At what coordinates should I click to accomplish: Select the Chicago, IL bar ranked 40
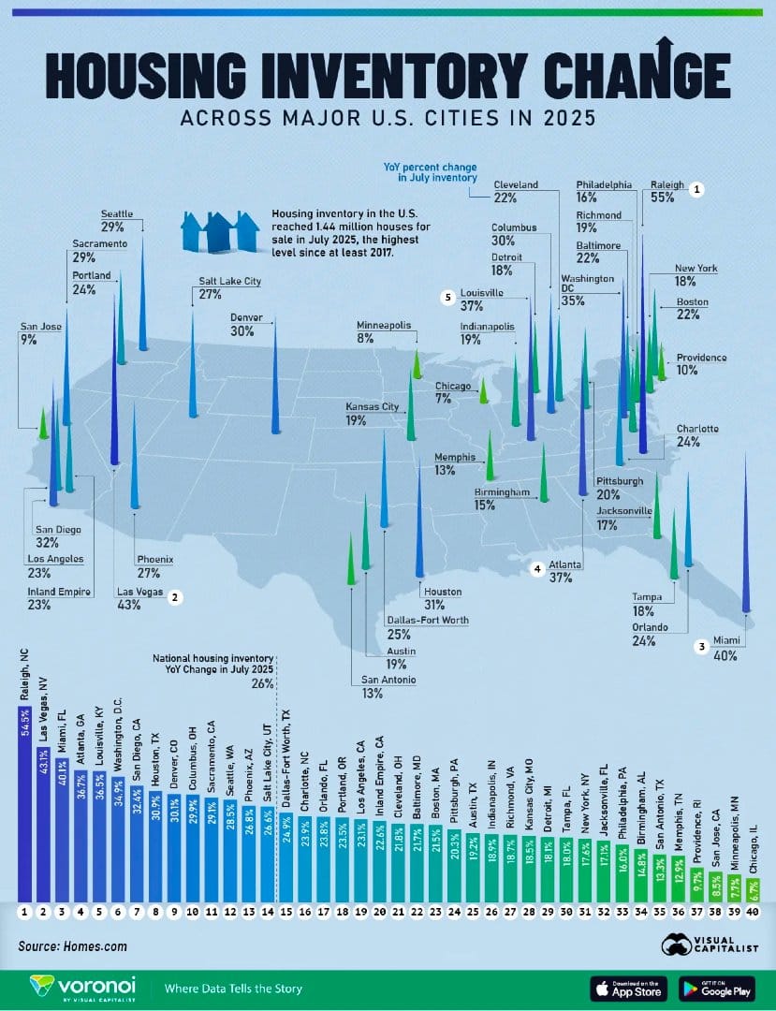point(754,890)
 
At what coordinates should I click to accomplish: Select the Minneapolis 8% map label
point(384,331)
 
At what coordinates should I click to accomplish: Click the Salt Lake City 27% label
point(228,287)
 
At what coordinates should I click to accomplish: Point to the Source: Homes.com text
point(72,946)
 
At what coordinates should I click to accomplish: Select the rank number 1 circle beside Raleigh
point(696,189)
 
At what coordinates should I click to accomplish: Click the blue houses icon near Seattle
point(219,231)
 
